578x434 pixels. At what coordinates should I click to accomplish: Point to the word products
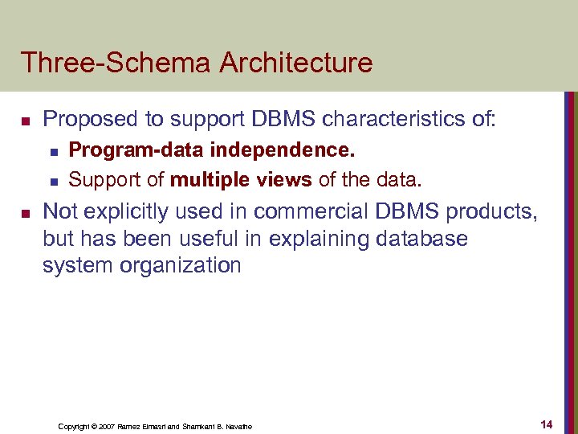489,211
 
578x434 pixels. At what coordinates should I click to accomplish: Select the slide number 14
547,424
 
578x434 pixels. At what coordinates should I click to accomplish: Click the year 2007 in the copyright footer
103,426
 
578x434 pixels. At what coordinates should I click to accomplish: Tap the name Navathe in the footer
238,426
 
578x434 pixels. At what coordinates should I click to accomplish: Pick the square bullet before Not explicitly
26,213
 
